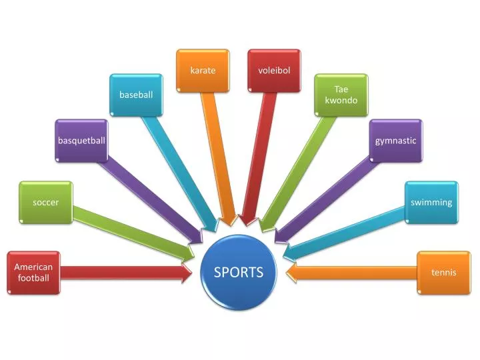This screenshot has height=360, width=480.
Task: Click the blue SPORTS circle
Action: tap(239, 272)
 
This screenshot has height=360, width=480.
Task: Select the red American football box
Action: tap(34, 273)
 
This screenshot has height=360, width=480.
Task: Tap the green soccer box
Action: tap(46, 203)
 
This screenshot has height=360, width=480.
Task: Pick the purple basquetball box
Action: tap(81, 141)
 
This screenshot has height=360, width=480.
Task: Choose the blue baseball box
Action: tap(136, 95)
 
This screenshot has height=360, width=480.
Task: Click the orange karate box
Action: tap(203, 71)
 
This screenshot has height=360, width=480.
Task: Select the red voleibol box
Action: tap(274, 71)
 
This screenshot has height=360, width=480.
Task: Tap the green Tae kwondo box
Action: tap(341, 95)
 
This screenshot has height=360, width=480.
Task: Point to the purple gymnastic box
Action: tap(396, 141)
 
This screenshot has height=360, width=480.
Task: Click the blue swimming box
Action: tap(431, 203)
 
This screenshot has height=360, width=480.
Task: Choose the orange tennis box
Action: tap(444, 273)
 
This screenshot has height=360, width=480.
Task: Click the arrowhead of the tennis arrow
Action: tap(286, 273)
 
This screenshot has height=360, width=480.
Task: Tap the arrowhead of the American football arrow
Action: tap(191, 273)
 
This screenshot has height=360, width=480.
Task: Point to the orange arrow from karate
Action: tap(219, 159)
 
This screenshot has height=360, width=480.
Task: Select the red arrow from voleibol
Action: tap(258, 159)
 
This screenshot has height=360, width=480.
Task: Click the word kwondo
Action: tap(341, 101)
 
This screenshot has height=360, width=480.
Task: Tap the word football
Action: tap(34, 278)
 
